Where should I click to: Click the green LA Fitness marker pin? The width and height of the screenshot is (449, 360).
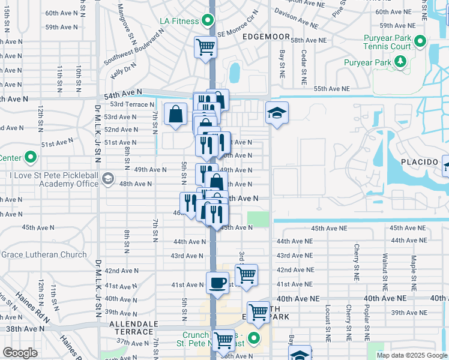[x=208, y=21]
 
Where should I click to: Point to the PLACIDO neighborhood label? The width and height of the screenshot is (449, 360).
[x=418, y=163]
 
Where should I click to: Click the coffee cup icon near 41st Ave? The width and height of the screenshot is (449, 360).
[x=217, y=282]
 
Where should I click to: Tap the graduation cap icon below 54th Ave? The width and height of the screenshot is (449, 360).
[x=277, y=113]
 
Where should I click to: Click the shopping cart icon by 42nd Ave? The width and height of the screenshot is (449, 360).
[x=246, y=275]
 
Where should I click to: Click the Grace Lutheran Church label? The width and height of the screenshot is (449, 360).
[x=44, y=254]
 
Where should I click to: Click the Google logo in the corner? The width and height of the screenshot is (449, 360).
[x=19, y=353]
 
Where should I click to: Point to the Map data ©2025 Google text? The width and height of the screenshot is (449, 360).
[x=411, y=355]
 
